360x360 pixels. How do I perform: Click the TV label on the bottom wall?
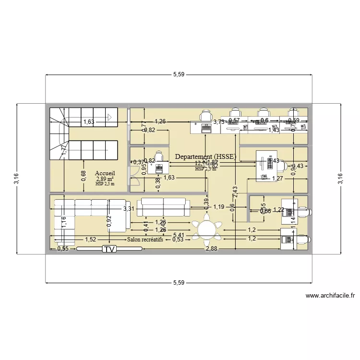pyautogui.click(x=109, y=249)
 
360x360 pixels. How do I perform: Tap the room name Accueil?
pyautogui.click(x=105, y=173)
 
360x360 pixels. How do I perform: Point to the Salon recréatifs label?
pyautogui.click(x=145, y=239)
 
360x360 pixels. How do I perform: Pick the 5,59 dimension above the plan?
pyautogui.click(x=179, y=74)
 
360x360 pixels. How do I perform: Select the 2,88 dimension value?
pyautogui.click(x=212, y=249)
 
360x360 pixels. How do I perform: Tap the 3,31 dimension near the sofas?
pyautogui.click(x=129, y=209)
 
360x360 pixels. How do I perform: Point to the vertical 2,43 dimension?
pyautogui.click(x=235, y=194)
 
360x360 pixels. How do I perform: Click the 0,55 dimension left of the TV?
pyautogui.click(x=62, y=249)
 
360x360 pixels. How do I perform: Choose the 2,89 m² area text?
pyautogui.click(x=105, y=179)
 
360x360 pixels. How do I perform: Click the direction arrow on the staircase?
pyautogui.click(x=109, y=116)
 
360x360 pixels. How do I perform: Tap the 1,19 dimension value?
pyautogui.click(x=219, y=207)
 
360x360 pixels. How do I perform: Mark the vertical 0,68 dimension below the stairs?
pyautogui.click(x=84, y=176)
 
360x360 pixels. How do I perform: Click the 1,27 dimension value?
pyautogui.click(x=277, y=179)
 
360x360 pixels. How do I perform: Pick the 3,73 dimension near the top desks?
pyautogui.click(x=219, y=122)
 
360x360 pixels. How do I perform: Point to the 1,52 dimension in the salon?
pyautogui.click(x=90, y=239)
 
